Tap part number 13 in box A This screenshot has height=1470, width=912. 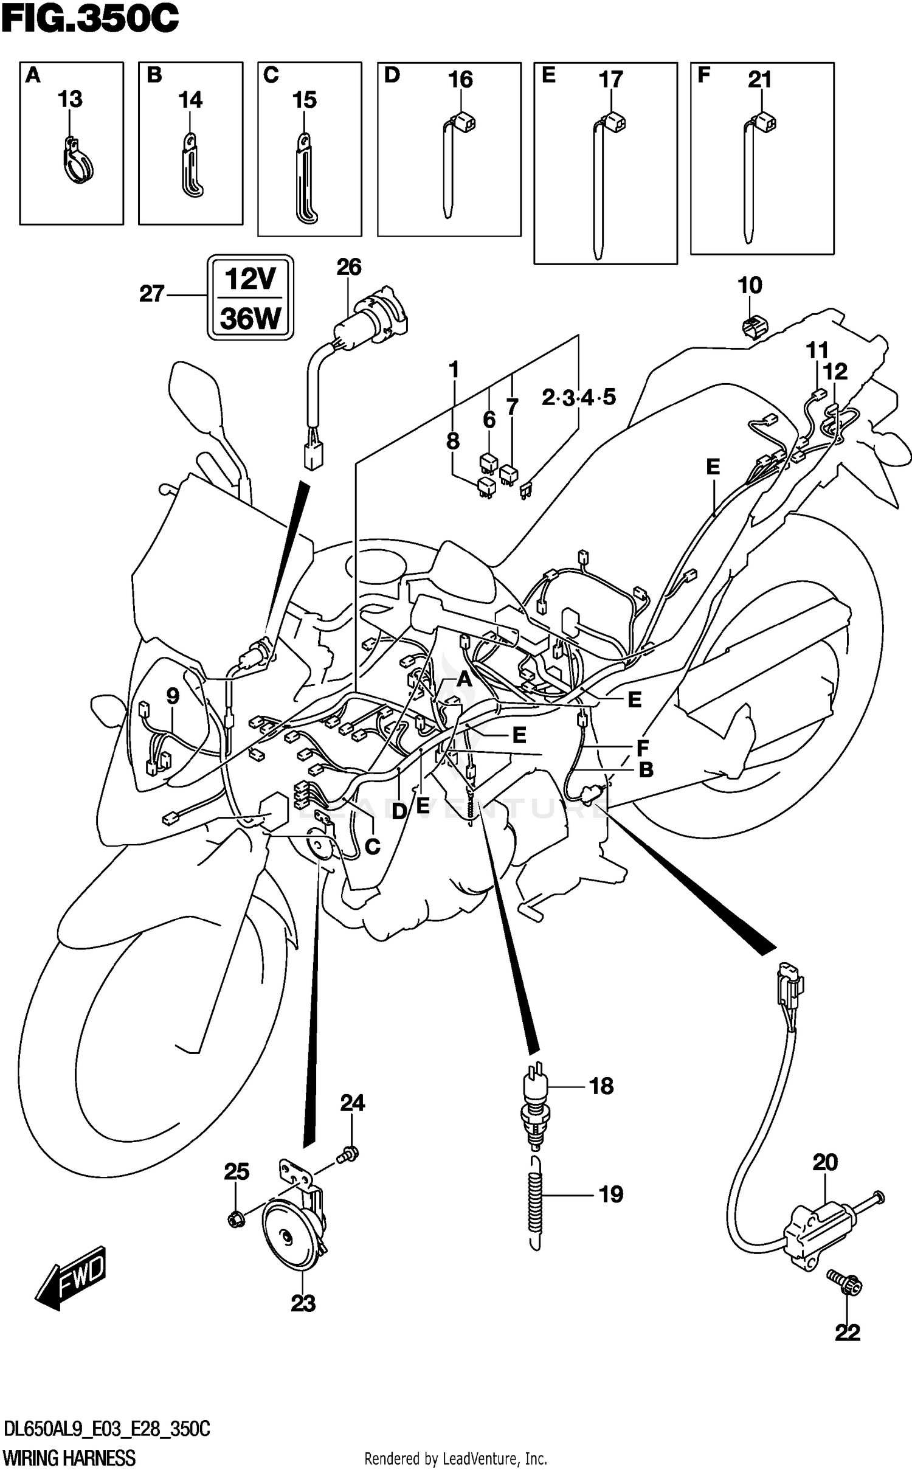[x=70, y=99]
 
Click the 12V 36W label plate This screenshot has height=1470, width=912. [x=250, y=297]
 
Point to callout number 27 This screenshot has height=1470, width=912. [x=152, y=294]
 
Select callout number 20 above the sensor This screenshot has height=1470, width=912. [x=825, y=1162]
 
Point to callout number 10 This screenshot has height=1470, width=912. [x=750, y=285]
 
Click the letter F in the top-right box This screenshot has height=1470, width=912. [x=703, y=76]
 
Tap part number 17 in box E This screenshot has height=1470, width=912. [x=610, y=79]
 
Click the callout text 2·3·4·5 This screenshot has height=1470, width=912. [x=578, y=398]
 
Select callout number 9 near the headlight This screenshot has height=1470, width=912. [x=173, y=695]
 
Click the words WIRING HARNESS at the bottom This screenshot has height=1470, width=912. [x=69, y=1458]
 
